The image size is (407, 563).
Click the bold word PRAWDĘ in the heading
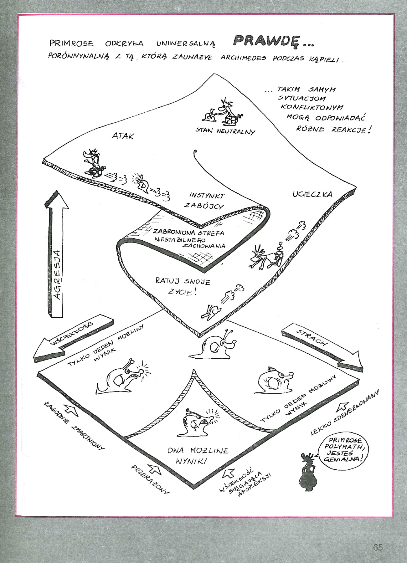point(266,41)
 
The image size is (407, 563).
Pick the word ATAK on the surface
point(123,136)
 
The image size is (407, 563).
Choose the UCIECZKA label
point(312,194)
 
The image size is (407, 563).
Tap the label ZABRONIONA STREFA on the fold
point(188,233)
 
